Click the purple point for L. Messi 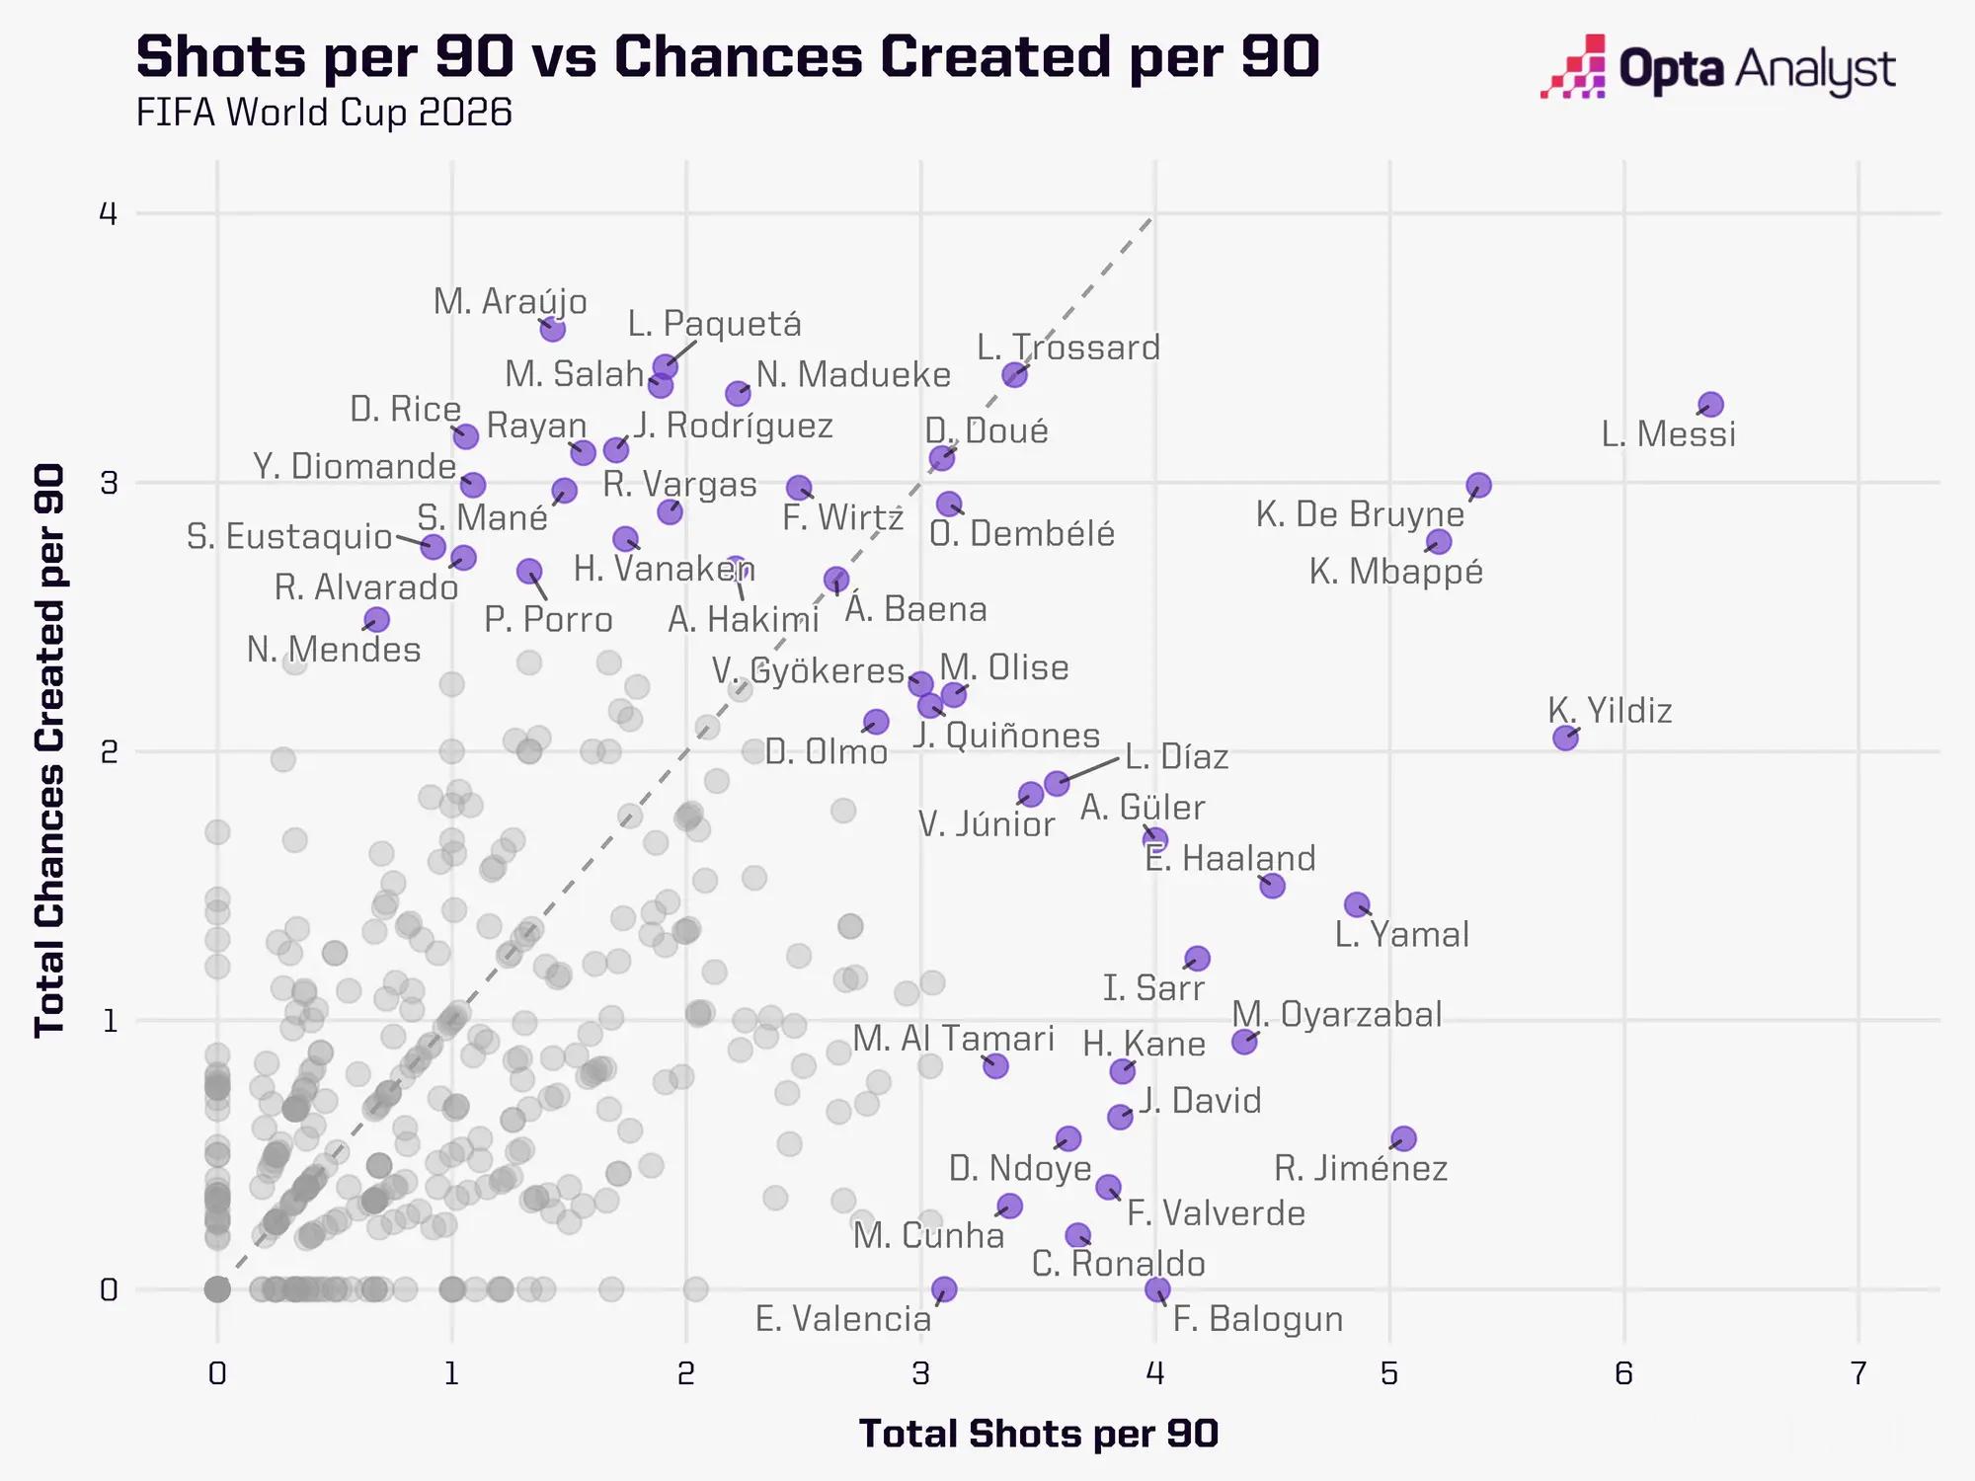coord(1710,405)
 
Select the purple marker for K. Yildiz coord(1565,738)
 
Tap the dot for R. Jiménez coord(1403,1138)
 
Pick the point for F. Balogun coord(1157,1289)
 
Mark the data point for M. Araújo coord(553,329)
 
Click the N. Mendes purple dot coord(376,620)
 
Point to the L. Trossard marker coord(1014,374)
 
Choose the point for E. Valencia coord(944,1289)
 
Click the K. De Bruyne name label coord(1360,514)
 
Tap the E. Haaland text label coord(1230,858)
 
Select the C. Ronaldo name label coord(1118,1264)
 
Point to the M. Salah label coord(575,374)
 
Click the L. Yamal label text coord(1402,934)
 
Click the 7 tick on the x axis coord(1858,1373)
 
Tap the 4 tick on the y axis coord(109,213)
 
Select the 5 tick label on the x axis coord(1389,1373)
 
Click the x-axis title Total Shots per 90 coord(1039,1434)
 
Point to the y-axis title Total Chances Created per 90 coord(49,750)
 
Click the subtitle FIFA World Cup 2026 coord(324,113)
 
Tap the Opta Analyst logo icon coord(1572,67)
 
